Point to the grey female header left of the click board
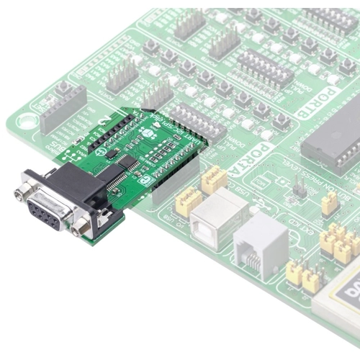[63, 109]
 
